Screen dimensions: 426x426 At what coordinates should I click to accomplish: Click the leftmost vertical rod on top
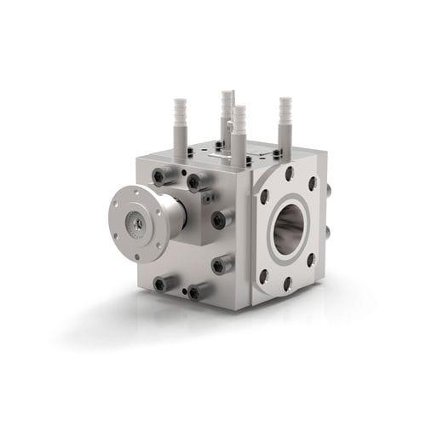pos(180,128)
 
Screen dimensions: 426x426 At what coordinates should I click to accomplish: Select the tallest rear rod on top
pos(227,115)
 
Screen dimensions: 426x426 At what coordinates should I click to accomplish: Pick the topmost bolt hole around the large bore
pos(291,175)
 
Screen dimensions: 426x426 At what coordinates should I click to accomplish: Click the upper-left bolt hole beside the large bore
pos(266,195)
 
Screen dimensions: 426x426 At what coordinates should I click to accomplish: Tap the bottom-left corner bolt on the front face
pos(160,282)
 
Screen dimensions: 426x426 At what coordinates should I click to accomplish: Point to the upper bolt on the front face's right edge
pos(221,219)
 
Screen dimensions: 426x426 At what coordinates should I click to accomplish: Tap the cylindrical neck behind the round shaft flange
pos(173,217)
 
